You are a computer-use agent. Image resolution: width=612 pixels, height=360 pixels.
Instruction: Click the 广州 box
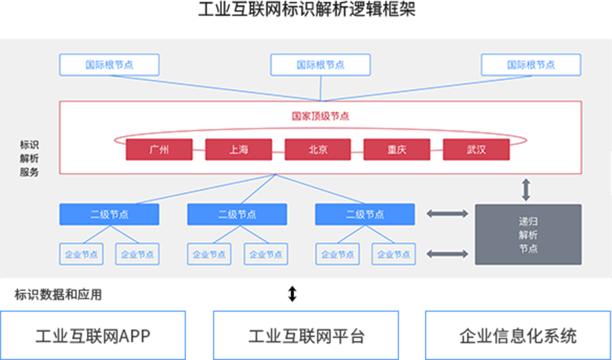point(159,150)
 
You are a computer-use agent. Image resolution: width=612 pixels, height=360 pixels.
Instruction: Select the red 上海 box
point(238,150)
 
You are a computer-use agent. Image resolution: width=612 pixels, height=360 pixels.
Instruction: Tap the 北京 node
point(318,150)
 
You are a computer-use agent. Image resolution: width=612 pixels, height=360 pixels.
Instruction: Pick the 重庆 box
point(397,150)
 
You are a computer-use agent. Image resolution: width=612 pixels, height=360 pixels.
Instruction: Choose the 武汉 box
point(476,150)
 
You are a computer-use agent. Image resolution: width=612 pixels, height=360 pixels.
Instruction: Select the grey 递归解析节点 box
point(528,235)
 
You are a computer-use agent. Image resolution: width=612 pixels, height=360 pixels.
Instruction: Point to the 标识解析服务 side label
point(29,158)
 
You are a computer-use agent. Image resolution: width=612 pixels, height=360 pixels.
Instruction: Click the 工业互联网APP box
point(93,335)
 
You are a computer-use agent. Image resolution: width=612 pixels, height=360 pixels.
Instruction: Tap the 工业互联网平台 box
point(306,335)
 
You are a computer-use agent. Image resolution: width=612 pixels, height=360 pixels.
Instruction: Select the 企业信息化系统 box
point(518,335)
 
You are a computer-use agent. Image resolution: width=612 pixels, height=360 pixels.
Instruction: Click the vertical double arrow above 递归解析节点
point(525,189)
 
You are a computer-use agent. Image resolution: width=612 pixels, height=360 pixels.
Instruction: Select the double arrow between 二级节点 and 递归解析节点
point(447,214)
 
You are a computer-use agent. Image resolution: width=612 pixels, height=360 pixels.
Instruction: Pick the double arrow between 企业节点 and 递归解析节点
point(447,254)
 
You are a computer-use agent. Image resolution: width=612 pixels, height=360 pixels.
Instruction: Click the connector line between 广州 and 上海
point(199,150)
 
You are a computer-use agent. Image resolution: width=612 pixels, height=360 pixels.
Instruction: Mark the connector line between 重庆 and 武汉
point(437,150)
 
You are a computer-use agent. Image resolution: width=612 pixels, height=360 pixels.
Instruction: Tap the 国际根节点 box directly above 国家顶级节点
point(320,65)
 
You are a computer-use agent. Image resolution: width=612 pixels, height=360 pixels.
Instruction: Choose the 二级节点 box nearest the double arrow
point(365,215)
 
